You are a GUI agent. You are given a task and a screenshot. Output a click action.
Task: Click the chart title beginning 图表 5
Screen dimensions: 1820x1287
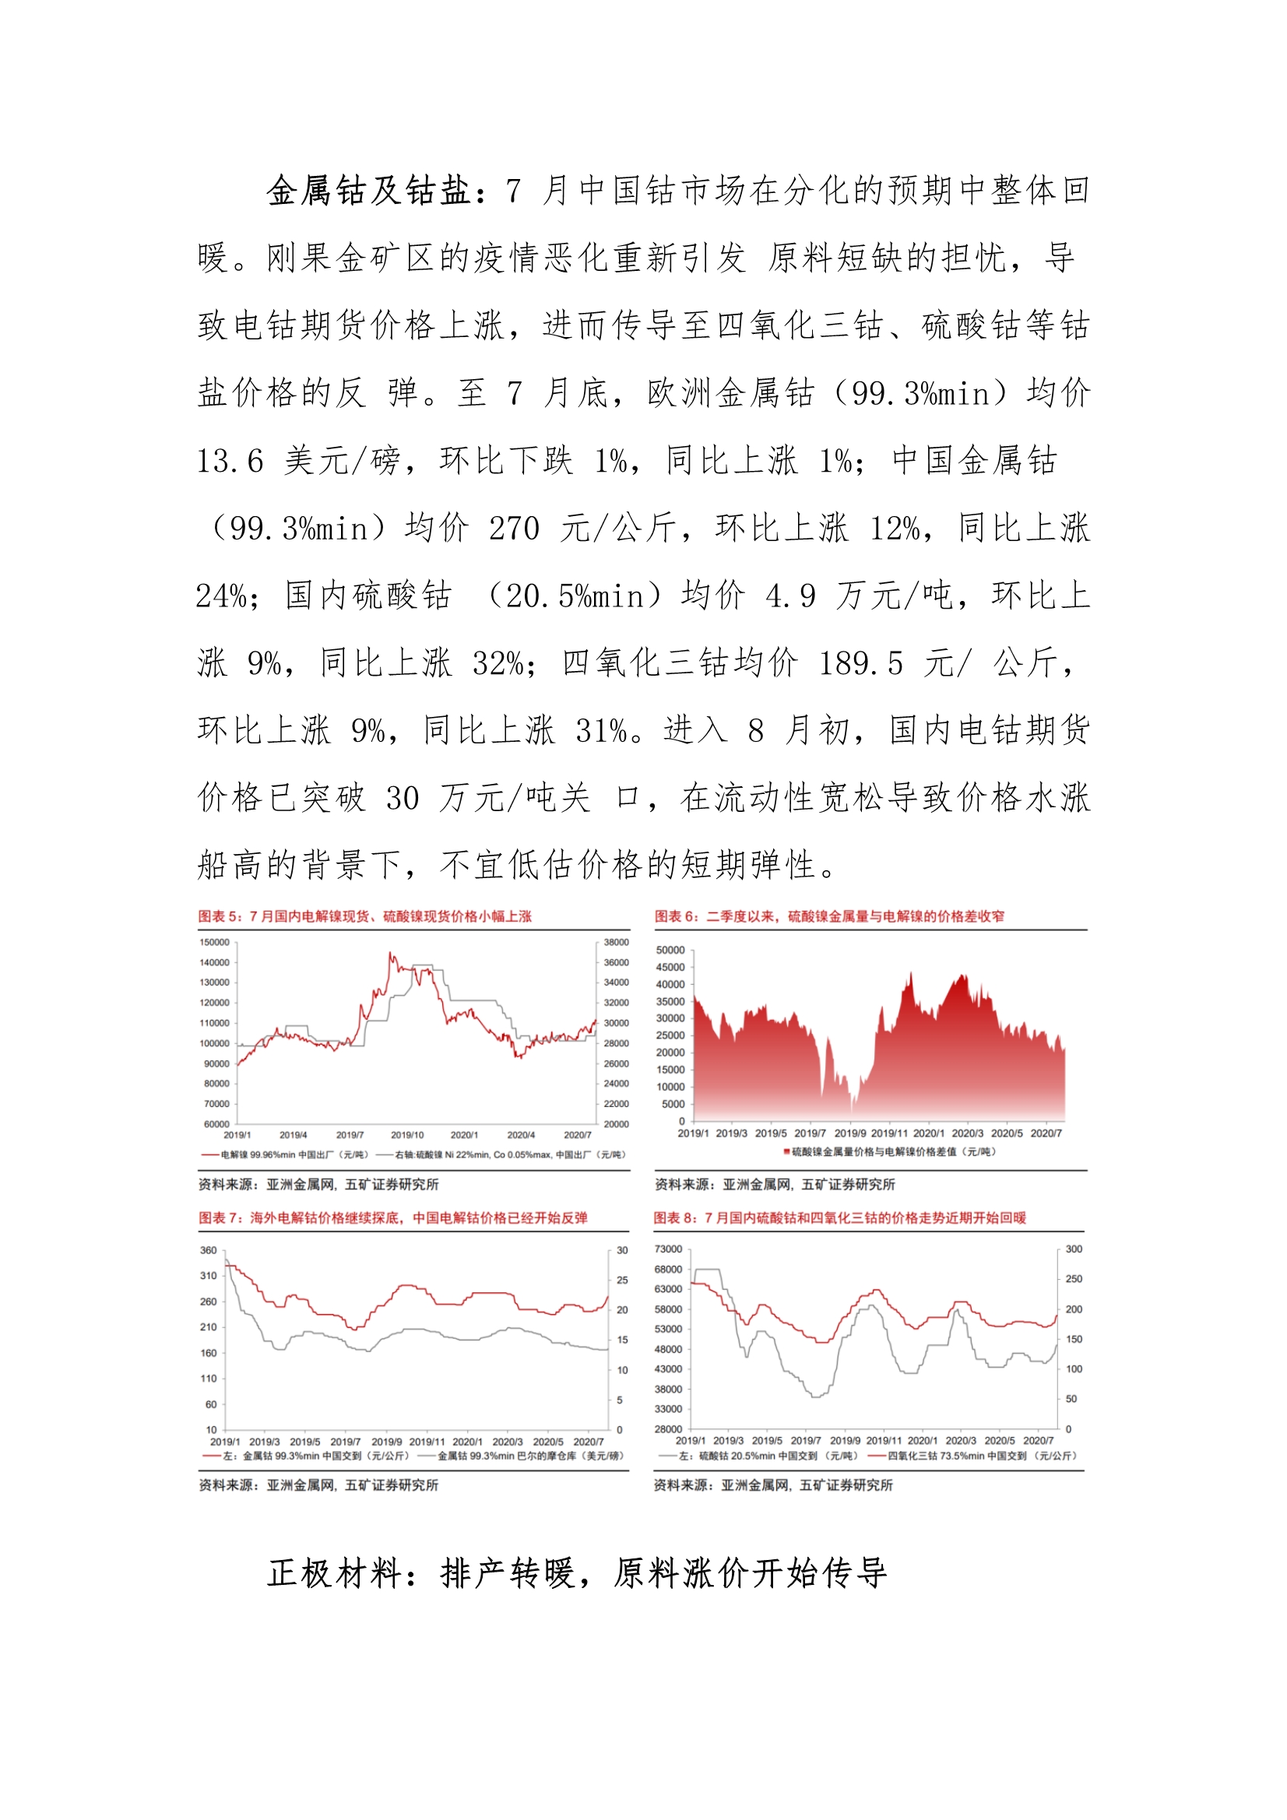[x=365, y=916]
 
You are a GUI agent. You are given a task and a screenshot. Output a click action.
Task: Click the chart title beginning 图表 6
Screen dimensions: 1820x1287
[x=828, y=916]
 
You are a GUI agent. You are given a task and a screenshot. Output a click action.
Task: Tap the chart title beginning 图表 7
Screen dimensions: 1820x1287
[x=392, y=1217]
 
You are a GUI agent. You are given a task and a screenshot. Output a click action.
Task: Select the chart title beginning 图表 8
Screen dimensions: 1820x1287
[x=839, y=1217]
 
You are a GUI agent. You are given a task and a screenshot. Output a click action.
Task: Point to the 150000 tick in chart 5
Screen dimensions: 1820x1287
[x=214, y=943]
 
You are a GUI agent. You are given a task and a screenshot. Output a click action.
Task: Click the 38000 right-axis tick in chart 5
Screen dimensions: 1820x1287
[x=616, y=943]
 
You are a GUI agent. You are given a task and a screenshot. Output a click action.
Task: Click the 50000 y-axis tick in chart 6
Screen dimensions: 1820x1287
[x=670, y=950]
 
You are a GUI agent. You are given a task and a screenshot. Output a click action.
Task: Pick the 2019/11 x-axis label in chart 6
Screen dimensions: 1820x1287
[x=888, y=1133]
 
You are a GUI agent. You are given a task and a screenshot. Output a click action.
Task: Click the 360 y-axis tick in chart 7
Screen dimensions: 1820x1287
[x=208, y=1251]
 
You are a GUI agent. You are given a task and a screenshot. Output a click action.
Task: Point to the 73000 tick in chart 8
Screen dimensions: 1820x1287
[x=668, y=1249]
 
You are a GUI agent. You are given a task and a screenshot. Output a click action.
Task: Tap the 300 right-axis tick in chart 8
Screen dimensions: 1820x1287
[x=1074, y=1249]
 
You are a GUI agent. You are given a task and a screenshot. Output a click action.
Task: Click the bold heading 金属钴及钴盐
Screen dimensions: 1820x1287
[x=369, y=191]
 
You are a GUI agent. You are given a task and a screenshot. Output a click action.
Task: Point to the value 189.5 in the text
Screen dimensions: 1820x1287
[x=860, y=663]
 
